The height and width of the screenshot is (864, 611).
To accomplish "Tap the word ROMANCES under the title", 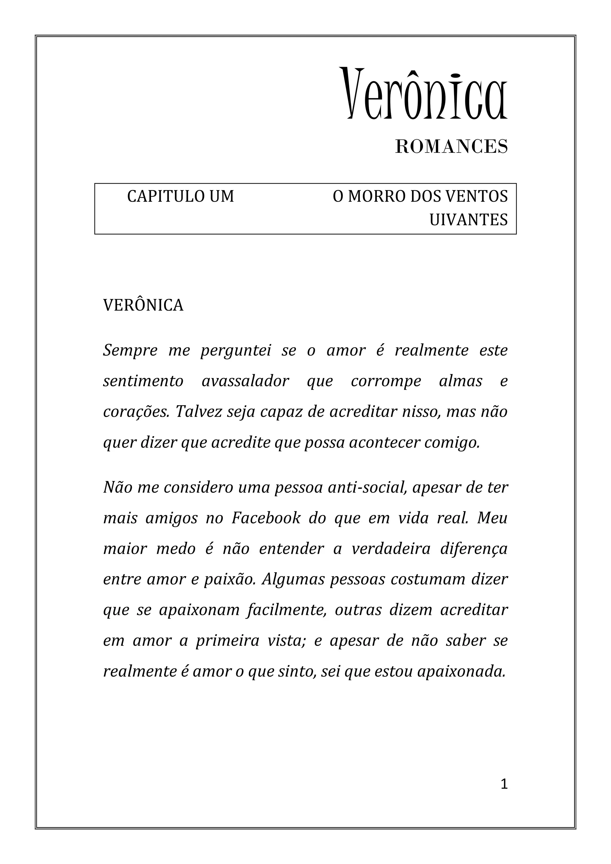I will [451, 147].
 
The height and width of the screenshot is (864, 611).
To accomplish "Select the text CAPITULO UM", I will [180, 196].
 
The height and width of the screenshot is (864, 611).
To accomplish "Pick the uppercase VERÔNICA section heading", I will [143, 306].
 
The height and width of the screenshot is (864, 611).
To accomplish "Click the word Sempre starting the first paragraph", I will [130, 351].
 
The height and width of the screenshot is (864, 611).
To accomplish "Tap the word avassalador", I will [245, 381].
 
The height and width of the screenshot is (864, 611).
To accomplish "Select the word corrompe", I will [386, 381].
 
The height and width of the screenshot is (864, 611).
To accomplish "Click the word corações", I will [136, 412].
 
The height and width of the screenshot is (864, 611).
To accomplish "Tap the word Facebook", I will [266, 519].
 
